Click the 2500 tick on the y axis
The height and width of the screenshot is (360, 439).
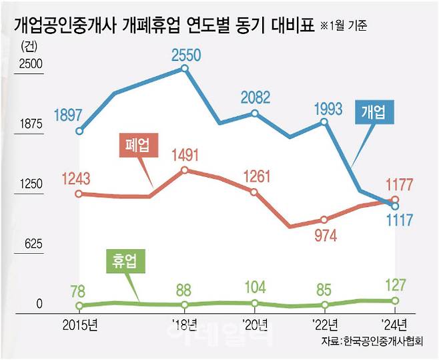(31, 64)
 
